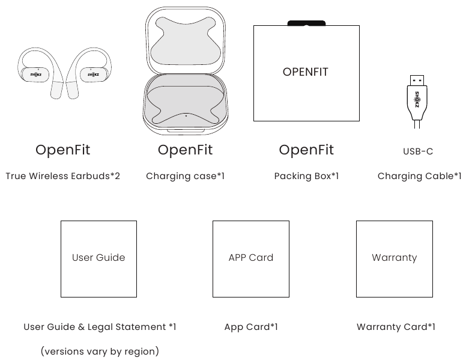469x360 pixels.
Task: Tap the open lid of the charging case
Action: (x=186, y=40)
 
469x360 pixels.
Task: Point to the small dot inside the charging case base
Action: (x=186, y=115)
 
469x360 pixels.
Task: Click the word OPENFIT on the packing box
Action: (x=306, y=72)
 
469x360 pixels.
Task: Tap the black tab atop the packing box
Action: (x=306, y=23)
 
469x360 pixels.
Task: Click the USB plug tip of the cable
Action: (x=417, y=80)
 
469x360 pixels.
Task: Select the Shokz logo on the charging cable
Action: (x=417, y=99)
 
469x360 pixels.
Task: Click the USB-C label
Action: (x=418, y=151)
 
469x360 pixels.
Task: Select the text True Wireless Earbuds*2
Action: (x=63, y=176)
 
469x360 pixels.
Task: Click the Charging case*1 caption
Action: (x=185, y=176)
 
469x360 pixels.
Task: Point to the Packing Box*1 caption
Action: (x=306, y=176)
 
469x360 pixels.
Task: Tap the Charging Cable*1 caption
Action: (x=419, y=176)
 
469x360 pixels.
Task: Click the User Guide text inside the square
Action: (x=98, y=257)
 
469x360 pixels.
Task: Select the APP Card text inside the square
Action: (x=250, y=257)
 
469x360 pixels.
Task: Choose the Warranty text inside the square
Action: (x=394, y=258)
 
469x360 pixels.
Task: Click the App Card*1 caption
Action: (x=251, y=327)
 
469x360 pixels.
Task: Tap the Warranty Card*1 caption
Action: (x=396, y=327)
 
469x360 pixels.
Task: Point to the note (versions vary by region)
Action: (x=100, y=351)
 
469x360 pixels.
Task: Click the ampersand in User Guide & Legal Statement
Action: (x=81, y=327)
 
